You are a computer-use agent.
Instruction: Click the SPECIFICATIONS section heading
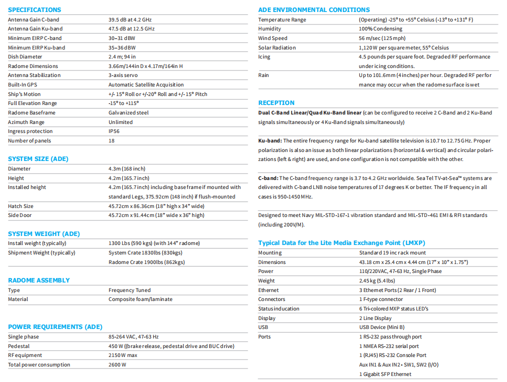point(35,9)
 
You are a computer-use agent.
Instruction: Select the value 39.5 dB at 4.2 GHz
point(130,19)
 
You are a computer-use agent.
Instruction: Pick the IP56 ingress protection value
point(115,131)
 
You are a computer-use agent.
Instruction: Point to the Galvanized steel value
point(129,112)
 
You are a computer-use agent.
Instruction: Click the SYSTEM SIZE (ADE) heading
point(38,158)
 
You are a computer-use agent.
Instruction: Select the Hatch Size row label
point(21,206)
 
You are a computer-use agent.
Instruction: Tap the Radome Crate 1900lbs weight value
point(146,262)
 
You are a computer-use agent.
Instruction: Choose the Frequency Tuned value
point(129,290)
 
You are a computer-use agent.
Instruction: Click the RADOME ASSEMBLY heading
point(39,280)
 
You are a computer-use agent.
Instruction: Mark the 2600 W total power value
point(117,364)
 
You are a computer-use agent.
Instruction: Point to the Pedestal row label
point(19,346)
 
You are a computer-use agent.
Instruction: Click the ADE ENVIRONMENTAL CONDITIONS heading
point(314,9)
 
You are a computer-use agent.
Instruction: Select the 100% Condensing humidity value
point(381,29)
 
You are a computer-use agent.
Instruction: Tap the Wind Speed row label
point(273,38)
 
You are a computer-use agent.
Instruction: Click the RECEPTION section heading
point(276,102)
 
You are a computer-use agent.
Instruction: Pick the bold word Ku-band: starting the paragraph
point(270,140)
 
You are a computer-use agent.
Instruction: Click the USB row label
point(264,327)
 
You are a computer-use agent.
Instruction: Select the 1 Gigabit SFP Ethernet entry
point(385,374)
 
